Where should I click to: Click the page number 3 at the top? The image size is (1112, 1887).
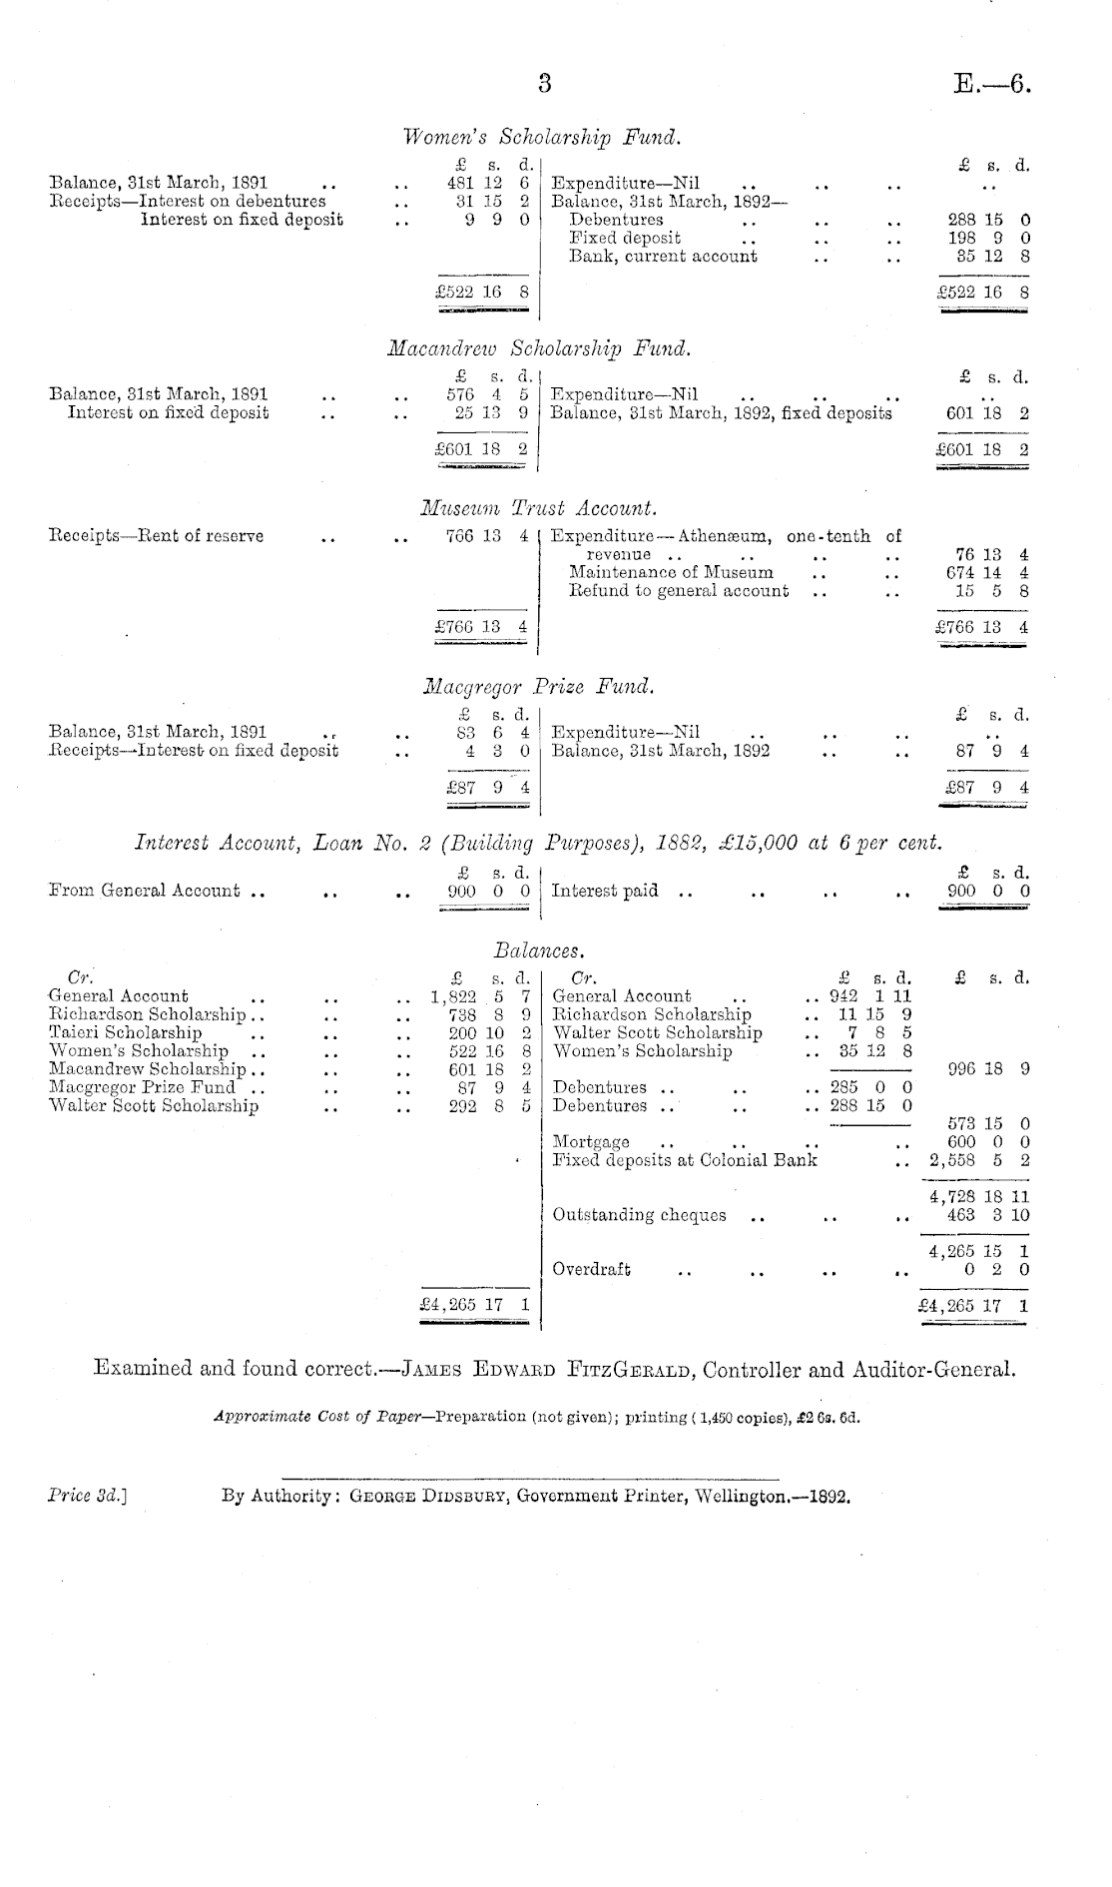coord(544,84)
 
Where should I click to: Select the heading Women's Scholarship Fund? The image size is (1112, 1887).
coord(542,137)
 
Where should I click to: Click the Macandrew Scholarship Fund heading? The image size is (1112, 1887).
coord(538,349)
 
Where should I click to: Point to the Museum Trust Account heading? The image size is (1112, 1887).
coord(539,509)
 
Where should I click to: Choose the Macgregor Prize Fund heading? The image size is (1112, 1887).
coord(539,687)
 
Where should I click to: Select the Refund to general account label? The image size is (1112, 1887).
coord(678,591)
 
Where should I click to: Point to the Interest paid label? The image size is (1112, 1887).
coord(605,891)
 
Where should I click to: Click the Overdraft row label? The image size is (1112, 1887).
coord(591,1270)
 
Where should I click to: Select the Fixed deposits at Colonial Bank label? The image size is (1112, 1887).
coord(685,1160)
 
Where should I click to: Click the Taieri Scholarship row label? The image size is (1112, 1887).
coord(126,1033)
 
